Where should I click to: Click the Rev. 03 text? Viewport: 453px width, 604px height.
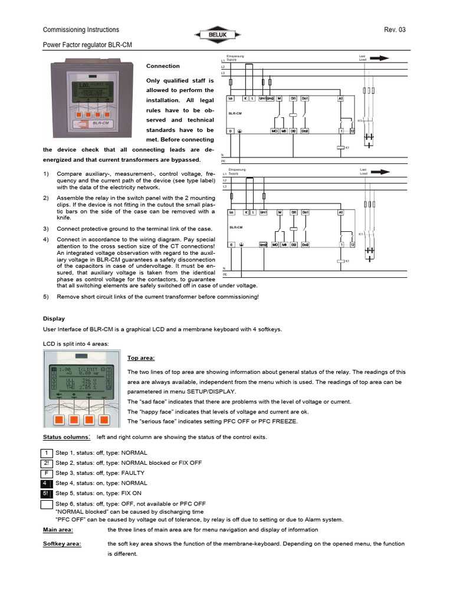pyautogui.click(x=395, y=30)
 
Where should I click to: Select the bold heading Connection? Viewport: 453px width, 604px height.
pyautogui.click(x=163, y=66)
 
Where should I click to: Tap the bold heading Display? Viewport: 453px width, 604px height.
pyautogui.click(x=54, y=319)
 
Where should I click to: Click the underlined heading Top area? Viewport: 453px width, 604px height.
pyautogui.click(x=141, y=357)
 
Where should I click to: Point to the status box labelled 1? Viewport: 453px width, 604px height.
pyautogui.click(x=47, y=453)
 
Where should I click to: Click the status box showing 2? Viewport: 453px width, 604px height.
pyautogui.click(x=47, y=463)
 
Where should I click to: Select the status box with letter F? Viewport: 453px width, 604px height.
pyautogui.click(x=47, y=473)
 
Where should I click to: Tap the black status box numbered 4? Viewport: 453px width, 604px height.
pyautogui.click(x=47, y=483)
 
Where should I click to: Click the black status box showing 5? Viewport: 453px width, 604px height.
pyautogui.click(x=47, y=493)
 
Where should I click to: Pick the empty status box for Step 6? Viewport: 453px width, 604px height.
pyautogui.click(x=47, y=504)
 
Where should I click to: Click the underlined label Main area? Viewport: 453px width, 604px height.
pyautogui.click(x=58, y=530)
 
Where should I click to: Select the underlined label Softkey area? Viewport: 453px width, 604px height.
pyautogui.click(x=62, y=544)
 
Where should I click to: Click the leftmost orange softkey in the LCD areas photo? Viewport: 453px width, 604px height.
pyautogui.click(x=59, y=421)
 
